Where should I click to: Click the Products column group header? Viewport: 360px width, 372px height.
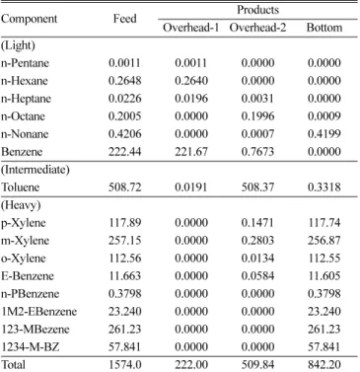pyautogui.click(x=257, y=10)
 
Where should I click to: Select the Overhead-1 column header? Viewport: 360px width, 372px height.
pyautogui.click(x=191, y=28)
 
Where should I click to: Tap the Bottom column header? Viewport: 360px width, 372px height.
pyautogui.click(x=324, y=28)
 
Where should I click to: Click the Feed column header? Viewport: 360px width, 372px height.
pyautogui.click(x=125, y=19)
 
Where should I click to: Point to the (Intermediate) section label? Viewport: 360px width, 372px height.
pyautogui.click(x=36, y=170)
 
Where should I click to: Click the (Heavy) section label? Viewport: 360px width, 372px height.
pyautogui.click(x=21, y=205)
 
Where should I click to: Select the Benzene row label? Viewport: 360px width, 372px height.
pyautogui.click(x=22, y=152)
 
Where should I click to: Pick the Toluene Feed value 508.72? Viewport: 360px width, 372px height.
pyautogui.click(x=125, y=187)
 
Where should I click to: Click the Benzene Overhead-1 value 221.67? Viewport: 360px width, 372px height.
pyautogui.click(x=191, y=152)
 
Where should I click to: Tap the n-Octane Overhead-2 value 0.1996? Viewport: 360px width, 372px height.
pyautogui.click(x=257, y=116)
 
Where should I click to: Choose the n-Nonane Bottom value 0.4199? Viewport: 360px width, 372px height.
pyautogui.click(x=324, y=134)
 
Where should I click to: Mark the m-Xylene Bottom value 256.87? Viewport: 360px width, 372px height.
pyautogui.click(x=324, y=241)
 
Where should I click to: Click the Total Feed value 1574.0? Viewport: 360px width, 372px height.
pyautogui.click(x=125, y=365)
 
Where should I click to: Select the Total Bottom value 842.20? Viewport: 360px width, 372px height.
pyautogui.click(x=324, y=365)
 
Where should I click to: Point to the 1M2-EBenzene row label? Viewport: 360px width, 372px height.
pyautogui.click(x=38, y=312)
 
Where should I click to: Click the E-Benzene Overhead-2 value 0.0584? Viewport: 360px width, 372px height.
pyautogui.click(x=257, y=276)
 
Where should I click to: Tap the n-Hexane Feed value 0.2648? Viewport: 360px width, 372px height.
pyautogui.click(x=125, y=81)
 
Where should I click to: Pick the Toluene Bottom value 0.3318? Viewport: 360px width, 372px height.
pyautogui.click(x=324, y=187)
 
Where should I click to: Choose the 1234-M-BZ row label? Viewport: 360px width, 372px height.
pyautogui.click(x=31, y=347)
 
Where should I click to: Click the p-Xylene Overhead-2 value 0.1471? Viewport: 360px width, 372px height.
pyautogui.click(x=257, y=223)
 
